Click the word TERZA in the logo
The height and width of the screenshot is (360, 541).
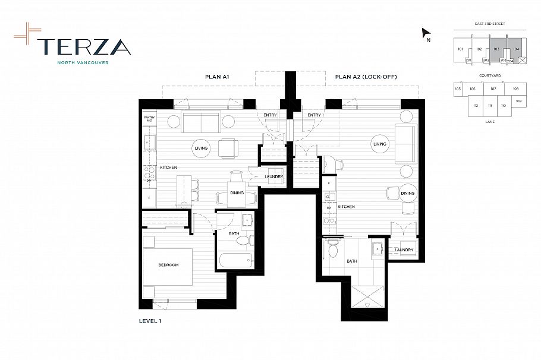tap(83, 46)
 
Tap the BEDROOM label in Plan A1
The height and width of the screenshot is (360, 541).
tap(168, 265)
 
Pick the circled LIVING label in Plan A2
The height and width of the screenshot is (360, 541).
tap(380, 144)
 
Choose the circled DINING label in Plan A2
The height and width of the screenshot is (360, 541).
tap(407, 193)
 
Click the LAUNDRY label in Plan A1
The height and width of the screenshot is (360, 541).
tap(273, 176)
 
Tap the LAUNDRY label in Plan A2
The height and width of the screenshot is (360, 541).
tap(404, 250)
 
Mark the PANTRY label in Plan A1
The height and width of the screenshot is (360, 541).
tap(149, 119)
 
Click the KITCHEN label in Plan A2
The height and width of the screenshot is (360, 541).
tap(346, 207)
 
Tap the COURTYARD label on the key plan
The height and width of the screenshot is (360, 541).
tap(487, 75)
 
